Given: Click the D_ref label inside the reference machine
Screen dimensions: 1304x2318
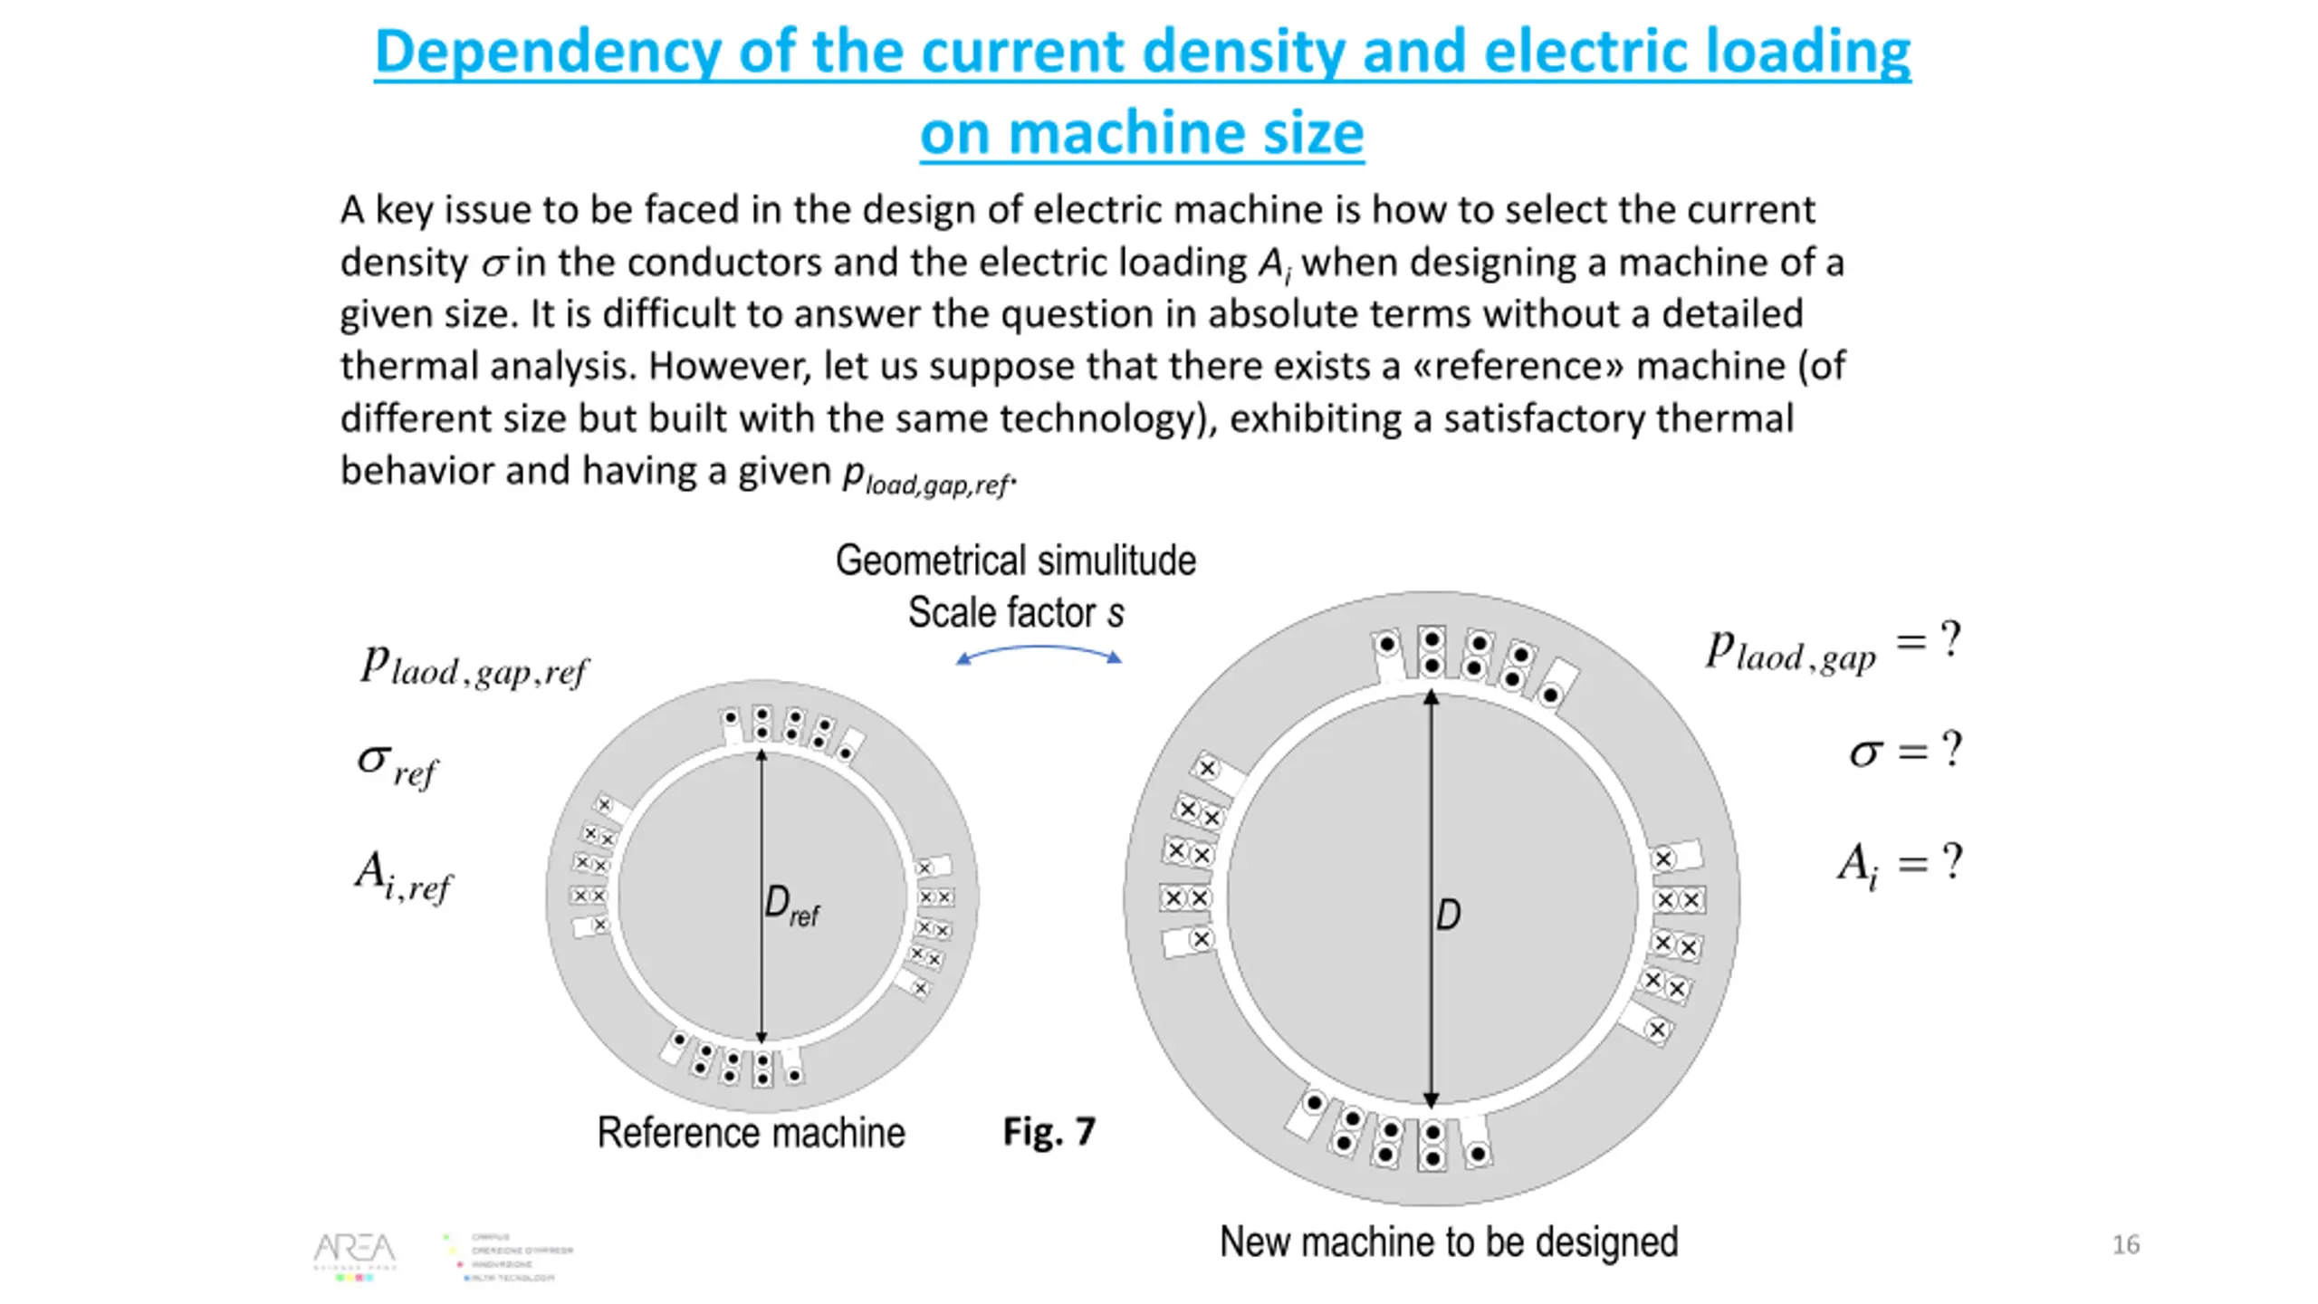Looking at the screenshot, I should pos(790,906).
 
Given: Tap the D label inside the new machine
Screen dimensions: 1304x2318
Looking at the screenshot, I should pos(1448,915).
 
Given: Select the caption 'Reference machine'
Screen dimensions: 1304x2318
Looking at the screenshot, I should pos(751,1133).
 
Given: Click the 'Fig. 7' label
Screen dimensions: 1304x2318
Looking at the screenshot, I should pos(1049,1132).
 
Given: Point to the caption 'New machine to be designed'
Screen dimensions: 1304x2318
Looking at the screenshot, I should pos(1449,1242).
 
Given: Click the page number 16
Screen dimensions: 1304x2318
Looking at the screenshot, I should pos(2125,1245).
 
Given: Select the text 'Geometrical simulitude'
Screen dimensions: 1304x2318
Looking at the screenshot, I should pos(1015,561).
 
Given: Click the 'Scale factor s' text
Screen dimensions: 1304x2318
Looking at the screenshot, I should pos(1015,613).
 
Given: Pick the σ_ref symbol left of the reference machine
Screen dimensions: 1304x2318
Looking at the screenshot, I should pos(397,766).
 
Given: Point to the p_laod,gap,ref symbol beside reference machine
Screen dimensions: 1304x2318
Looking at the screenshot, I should pos(474,668).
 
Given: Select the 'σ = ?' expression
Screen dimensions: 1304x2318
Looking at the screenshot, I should pos(1905,752).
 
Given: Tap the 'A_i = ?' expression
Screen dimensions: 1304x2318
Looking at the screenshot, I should pos(1899,863).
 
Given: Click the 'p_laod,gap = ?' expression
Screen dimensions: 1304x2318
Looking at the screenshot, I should pos(1833,647).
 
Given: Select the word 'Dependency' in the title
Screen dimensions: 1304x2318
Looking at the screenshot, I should pos(547,52).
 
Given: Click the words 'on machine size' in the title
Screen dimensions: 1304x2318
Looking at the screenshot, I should pos(1142,133).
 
